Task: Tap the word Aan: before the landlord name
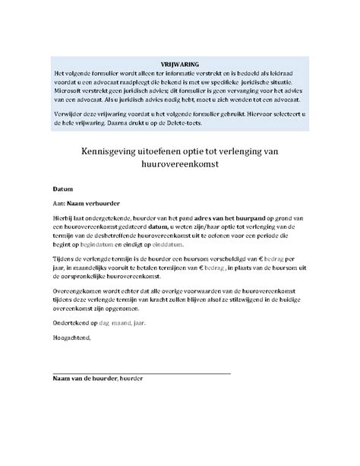pos(58,203)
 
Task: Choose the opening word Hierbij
pos(64,217)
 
